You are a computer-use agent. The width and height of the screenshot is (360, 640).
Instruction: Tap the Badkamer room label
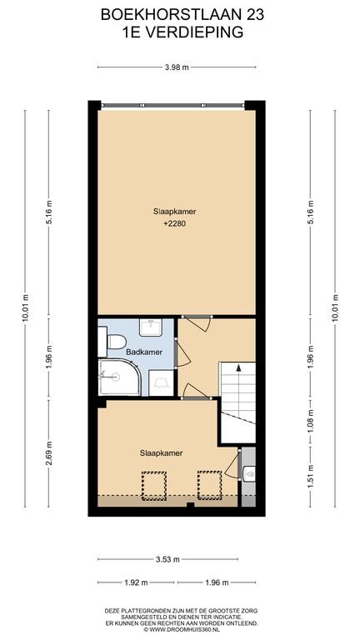point(144,352)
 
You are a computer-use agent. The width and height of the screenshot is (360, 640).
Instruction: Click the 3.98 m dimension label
point(177,67)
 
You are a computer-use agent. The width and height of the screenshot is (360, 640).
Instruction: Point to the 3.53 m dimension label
point(167,559)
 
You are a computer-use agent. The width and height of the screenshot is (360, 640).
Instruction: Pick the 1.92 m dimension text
point(136,582)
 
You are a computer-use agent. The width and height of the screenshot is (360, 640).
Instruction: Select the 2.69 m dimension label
point(49,454)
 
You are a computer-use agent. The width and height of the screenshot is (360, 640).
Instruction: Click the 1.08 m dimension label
point(311,420)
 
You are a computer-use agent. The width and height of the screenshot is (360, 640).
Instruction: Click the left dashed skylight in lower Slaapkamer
point(154,486)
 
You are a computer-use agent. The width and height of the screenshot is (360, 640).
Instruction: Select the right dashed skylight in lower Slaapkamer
point(209,486)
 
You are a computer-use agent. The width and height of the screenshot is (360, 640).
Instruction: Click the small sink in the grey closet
point(248,474)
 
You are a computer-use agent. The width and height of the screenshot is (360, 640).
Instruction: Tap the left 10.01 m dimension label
point(25,308)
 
